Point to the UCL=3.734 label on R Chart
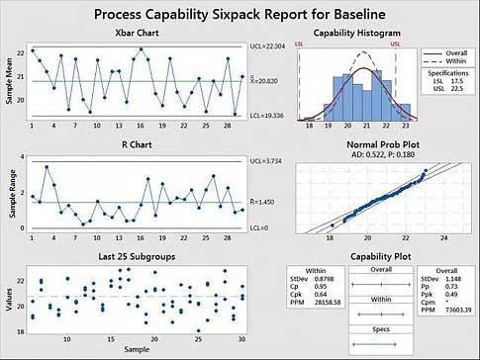click(263, 161)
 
